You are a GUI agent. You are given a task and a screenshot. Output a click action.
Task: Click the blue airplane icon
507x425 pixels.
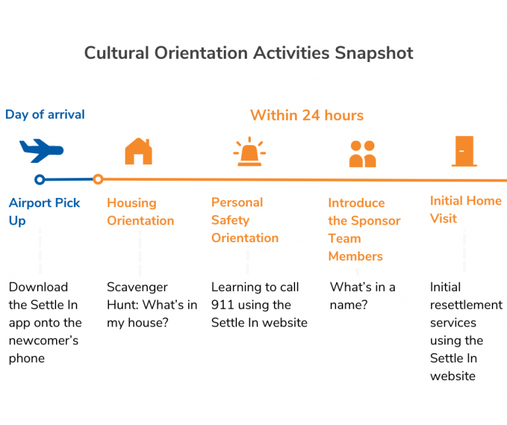click(x=41, y=150)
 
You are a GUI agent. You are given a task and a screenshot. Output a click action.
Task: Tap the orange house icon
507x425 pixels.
click(x=138, y=151)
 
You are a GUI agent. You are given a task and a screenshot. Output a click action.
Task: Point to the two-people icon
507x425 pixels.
click(x=362, y=153)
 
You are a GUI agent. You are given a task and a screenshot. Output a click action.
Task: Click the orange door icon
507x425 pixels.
click(x=465, y=151)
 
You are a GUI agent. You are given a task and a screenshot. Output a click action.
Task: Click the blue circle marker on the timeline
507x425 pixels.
click(x=40, y=179)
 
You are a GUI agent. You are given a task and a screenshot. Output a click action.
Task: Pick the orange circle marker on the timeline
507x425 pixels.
click(x=98, y=179)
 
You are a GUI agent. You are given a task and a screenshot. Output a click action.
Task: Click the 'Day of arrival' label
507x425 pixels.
click(x=45, y=114)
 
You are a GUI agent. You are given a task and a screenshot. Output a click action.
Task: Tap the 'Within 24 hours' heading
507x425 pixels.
click(x=307, y=115)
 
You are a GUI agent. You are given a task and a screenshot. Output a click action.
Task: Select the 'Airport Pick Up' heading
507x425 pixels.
click(x=44, y=211)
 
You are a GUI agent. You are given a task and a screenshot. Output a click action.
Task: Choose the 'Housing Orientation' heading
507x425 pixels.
click(x=141, y=211)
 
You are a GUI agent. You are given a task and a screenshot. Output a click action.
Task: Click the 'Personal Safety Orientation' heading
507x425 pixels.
click(x=245, y=220)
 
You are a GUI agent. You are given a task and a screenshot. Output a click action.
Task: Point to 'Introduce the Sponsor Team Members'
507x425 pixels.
click(x=364, y=229)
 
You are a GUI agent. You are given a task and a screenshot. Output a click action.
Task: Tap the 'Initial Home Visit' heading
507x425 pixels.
click(x=465, y=209)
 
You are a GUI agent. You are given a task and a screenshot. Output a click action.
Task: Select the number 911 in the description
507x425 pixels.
click(x=222, y=305)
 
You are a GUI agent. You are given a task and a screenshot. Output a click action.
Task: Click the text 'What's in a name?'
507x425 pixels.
click(x=362, y=296)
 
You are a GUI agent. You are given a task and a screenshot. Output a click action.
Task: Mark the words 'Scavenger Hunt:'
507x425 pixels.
click(x=137, y=287)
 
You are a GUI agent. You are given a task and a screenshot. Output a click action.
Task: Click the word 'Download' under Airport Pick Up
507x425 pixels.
click(x=38, y=287)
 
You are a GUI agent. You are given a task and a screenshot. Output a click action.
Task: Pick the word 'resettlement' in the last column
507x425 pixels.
click(x=466, y=305)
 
